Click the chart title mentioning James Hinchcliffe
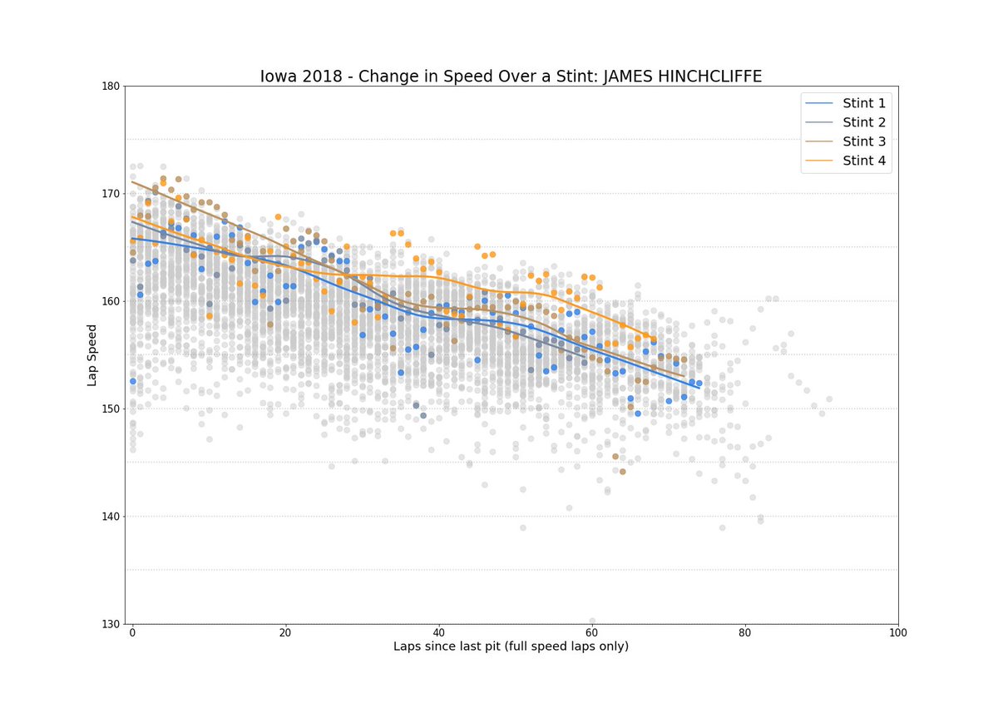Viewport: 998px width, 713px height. (511, 77)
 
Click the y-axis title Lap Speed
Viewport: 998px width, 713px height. (93, 355)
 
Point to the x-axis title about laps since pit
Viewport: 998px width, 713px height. (511, 646)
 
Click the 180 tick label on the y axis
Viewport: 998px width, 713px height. (110, 87)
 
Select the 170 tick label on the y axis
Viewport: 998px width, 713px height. (110, 194)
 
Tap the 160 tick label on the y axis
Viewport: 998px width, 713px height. (110, 301)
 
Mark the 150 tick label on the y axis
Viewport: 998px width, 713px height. (110, 409)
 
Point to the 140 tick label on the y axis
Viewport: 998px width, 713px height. (110, 517)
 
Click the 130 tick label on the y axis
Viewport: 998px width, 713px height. (110, 624)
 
